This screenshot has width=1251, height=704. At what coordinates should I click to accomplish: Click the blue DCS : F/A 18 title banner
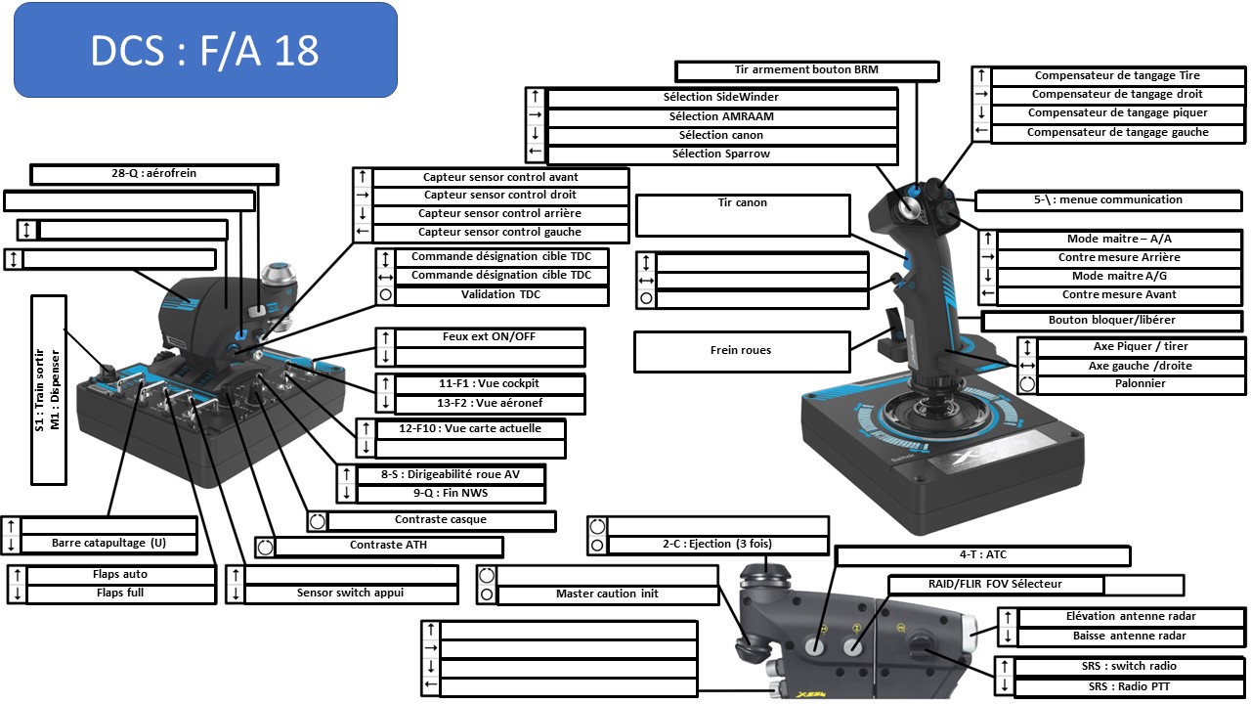(205, 50)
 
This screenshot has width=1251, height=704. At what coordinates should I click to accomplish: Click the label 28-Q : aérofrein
(154, 174)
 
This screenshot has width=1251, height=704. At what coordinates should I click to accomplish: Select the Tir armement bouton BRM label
(806, 70)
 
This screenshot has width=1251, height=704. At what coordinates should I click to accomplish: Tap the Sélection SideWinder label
(721, 98)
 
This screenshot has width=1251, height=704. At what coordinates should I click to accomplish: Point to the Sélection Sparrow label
(721, 154)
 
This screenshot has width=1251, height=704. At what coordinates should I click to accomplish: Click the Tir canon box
(743, 214)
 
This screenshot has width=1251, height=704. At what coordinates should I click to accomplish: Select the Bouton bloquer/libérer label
(1112, 321)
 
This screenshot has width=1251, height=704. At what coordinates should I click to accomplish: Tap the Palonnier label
(1141, 384)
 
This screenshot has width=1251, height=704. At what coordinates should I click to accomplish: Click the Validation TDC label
(500, 294)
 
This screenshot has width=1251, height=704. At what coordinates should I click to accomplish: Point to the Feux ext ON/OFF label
(489, 337)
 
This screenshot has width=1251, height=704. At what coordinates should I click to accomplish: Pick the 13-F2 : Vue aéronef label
(489, 404)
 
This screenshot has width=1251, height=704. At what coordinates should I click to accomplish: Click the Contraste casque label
(440, 520)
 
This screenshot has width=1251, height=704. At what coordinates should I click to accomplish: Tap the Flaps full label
(121, 594)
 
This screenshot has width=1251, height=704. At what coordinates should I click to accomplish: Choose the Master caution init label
(607, 594)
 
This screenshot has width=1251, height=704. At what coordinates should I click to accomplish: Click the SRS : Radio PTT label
(1132, 687)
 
